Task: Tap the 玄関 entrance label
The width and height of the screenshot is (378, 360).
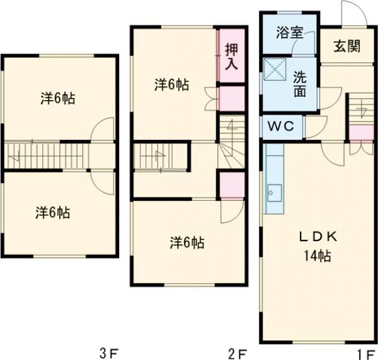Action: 346,46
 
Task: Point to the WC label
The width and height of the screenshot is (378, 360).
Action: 281,126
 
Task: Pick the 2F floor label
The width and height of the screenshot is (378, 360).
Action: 237,352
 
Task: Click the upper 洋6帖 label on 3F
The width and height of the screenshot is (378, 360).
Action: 59,98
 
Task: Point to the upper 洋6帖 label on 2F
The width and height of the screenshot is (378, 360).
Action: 171,84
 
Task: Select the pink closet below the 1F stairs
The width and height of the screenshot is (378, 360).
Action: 360,133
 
